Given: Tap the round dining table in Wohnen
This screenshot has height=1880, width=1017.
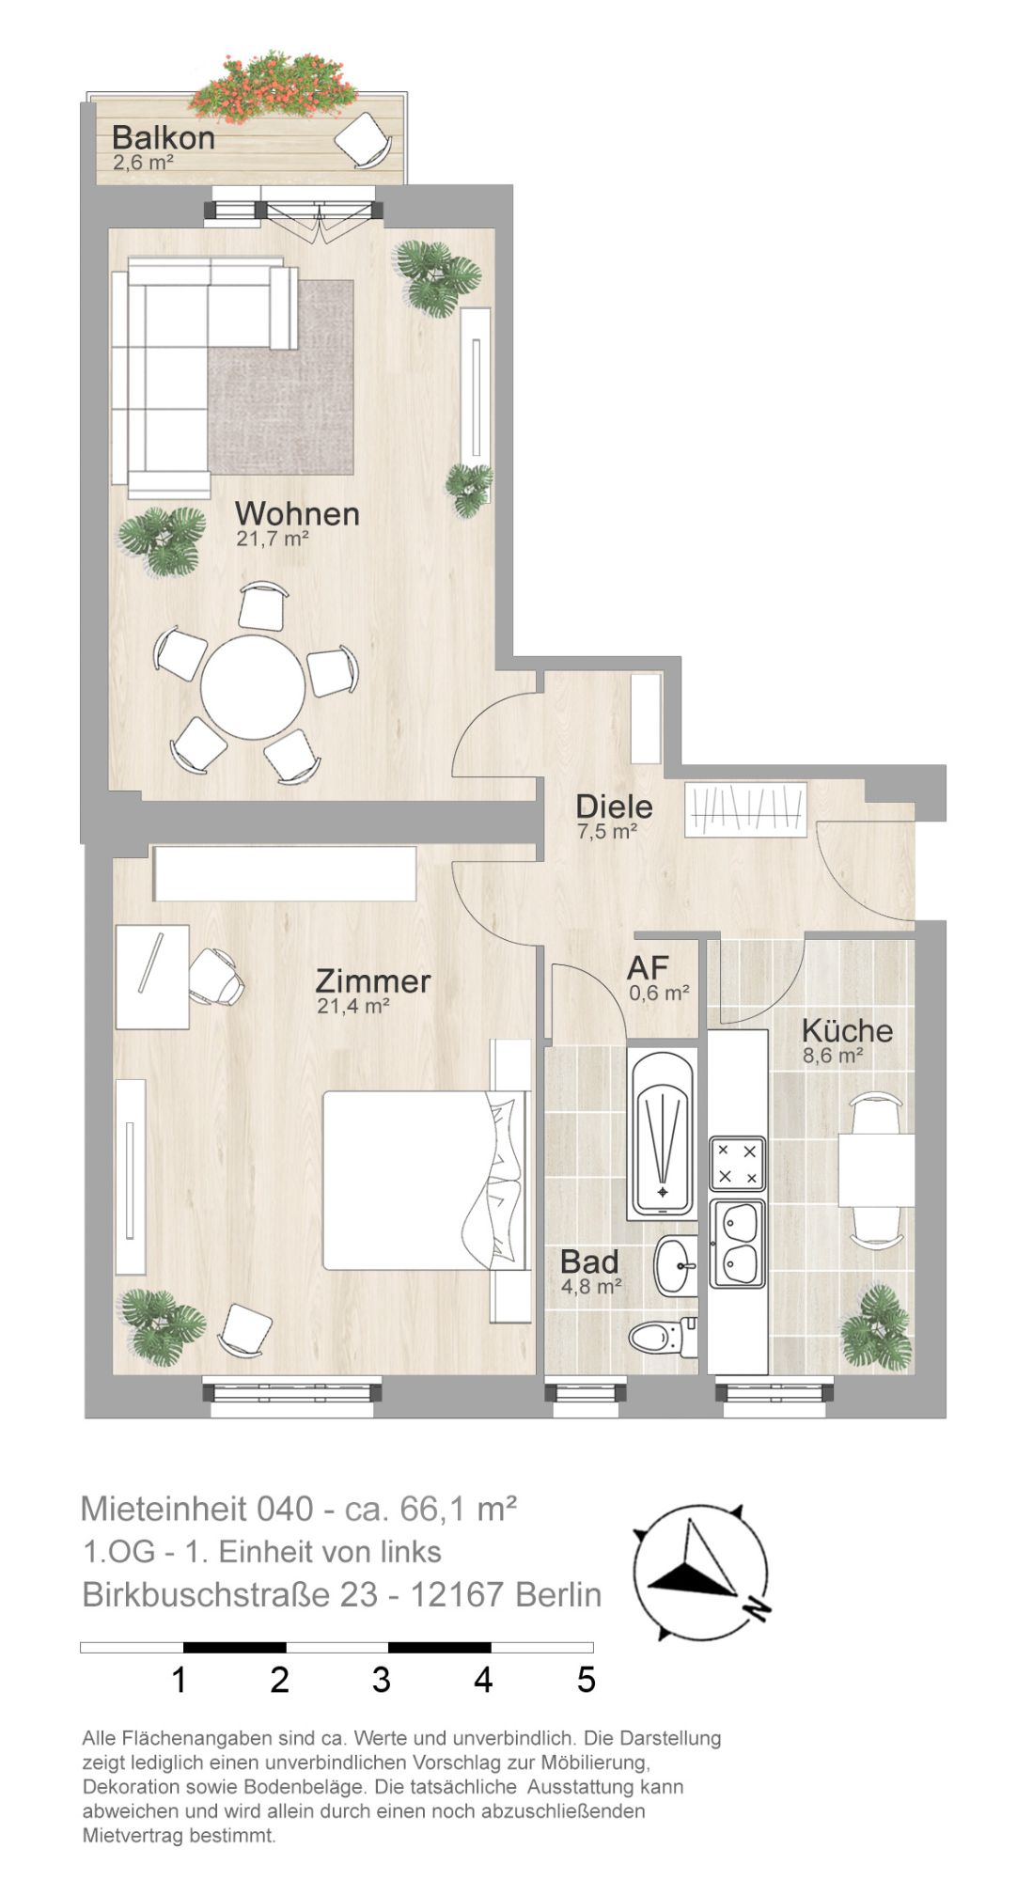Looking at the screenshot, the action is pos(253,687).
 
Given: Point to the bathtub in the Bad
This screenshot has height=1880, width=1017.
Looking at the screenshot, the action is pos(663,1136).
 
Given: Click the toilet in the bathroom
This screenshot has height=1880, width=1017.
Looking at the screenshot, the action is pos(663,1336).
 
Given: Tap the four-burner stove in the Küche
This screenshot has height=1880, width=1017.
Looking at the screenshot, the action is pos(738,1164).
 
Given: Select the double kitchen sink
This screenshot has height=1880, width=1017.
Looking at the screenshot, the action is pos(738,1245).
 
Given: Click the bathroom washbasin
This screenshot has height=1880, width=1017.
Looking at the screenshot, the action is pos(676,1265).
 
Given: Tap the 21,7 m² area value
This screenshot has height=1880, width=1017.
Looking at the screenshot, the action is pos(273,540).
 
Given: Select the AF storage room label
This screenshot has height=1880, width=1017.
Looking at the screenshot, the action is pos(649,967).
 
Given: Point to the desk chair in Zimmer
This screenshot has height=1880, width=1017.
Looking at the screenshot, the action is pos(217,977).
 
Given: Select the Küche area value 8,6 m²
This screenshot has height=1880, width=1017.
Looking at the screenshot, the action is pos(833,1056).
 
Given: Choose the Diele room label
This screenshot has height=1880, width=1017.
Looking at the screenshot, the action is pos(614,806).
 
